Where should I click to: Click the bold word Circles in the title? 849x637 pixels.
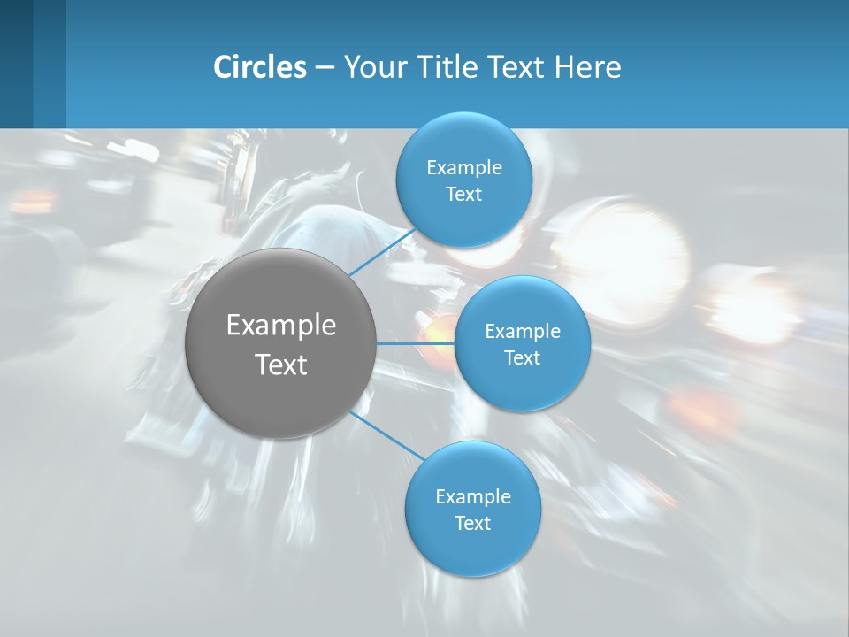(260, 67)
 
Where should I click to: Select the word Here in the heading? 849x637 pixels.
(588, 67)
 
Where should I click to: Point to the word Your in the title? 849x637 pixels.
(374, 67)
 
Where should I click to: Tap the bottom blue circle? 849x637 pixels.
(472, 549)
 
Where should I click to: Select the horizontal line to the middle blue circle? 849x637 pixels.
(415, 343)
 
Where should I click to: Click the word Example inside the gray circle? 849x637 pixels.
(280, 326)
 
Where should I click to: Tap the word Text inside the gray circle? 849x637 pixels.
(280, 365)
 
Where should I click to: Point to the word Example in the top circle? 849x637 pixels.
(463, 168)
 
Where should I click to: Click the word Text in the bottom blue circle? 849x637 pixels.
(472, 524)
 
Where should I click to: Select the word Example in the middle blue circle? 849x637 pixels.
(522, 332)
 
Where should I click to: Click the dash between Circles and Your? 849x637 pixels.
(325, 67)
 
